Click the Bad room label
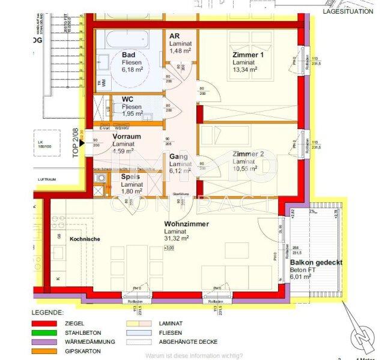[128, 54]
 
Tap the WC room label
[127, 99]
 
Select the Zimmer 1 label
[248, 55]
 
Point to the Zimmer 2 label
[248, 154]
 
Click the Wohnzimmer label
[186, 224]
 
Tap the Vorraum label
[127, 136]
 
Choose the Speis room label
[130, 177]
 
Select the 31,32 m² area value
[177, 238]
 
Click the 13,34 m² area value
[245, 69]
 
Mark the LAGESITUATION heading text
[348, 11]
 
